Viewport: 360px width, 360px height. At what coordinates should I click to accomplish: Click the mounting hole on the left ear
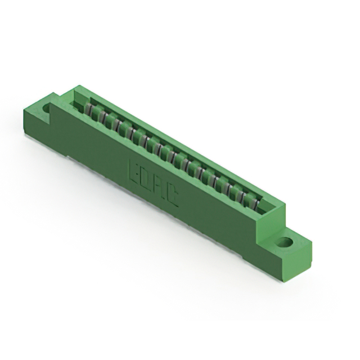(45, 105)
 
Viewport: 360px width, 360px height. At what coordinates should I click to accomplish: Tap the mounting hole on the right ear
(285, 243)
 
